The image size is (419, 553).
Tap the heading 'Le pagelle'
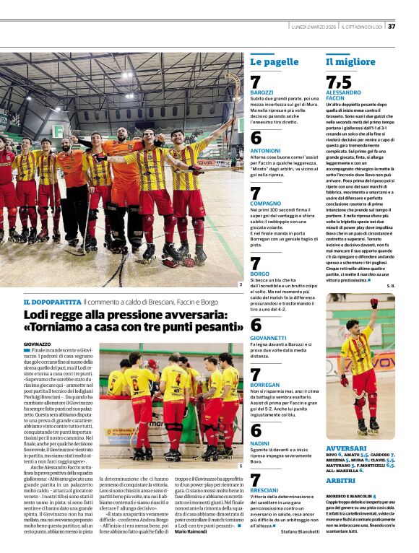pos(274,62)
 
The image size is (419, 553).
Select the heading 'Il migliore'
pos(350,62)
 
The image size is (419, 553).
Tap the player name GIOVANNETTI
pos(269,338)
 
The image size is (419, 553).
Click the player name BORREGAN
pos(265,386)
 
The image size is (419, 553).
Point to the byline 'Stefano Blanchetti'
pos(300,531)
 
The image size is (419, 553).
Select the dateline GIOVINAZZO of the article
pos(38,344)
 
